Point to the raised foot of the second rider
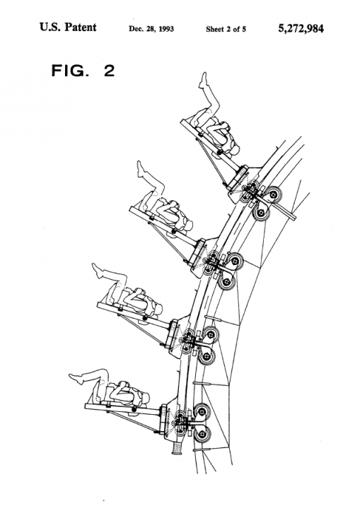(139, 165)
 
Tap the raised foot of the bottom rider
(73, 377)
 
